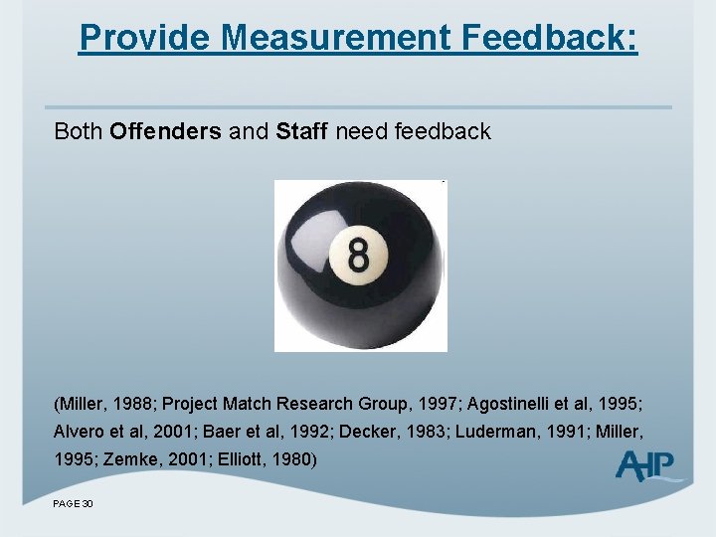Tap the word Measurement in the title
[327, 38]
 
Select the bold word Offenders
[166, 131]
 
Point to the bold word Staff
[302, 131]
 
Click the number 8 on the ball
[359, 256]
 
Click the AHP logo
[647, 465]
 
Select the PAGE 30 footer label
[74, 504]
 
